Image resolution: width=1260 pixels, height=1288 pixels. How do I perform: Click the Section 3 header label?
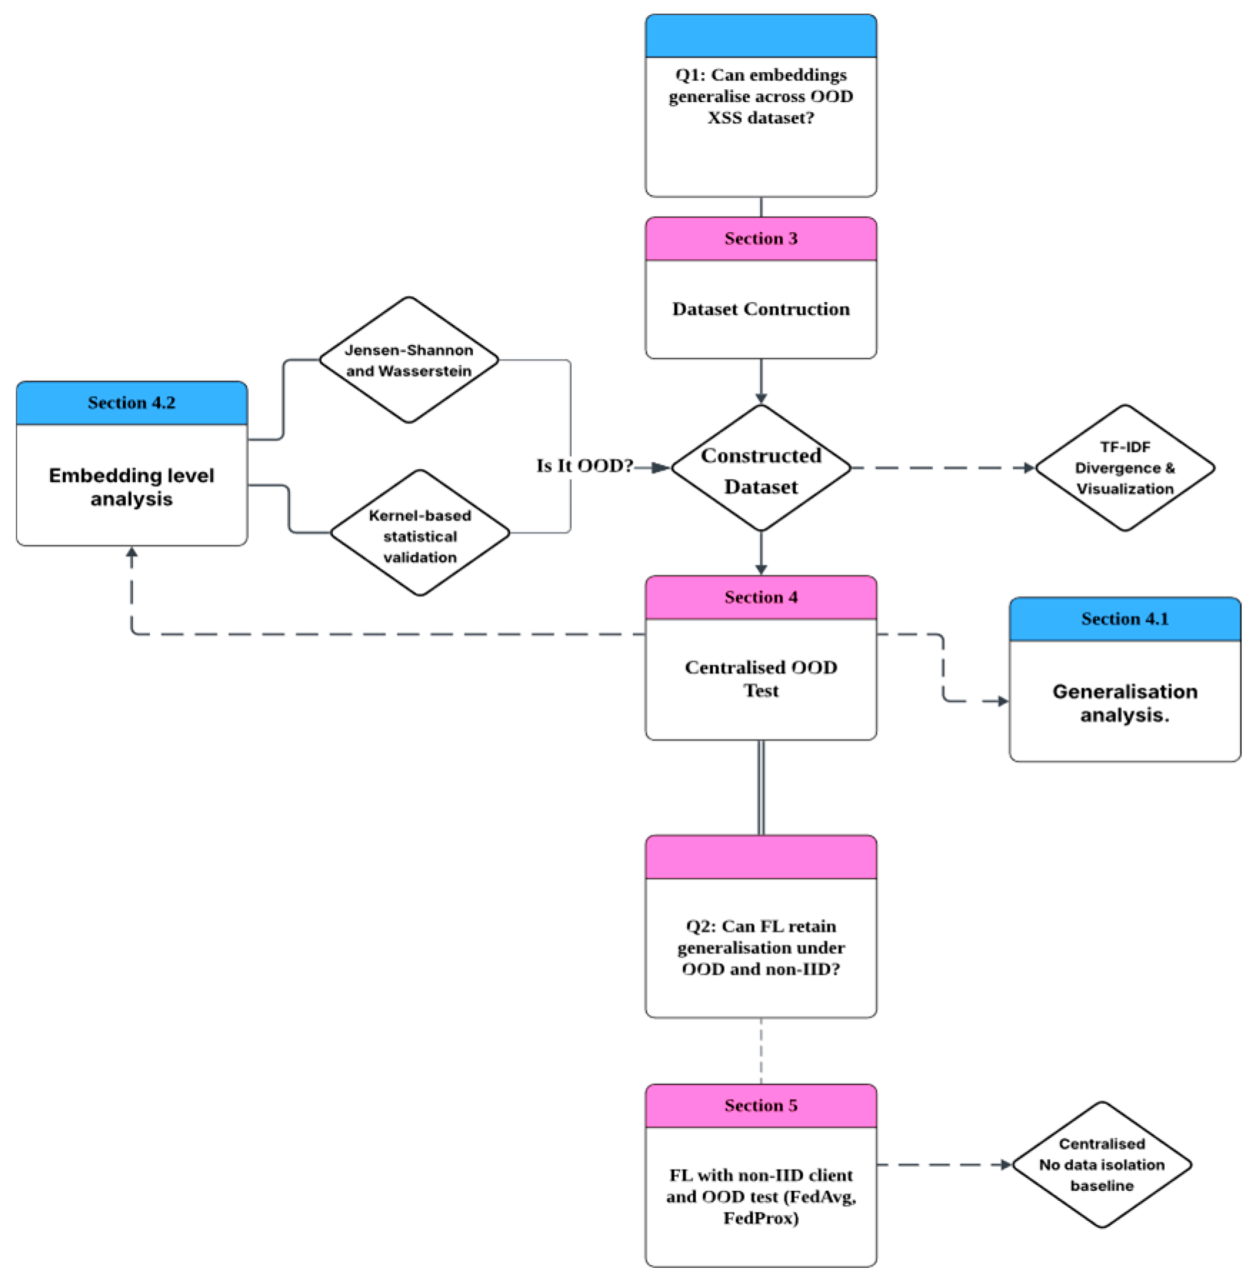(761, 238)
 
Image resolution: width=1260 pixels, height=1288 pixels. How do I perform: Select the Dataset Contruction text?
(761, 309)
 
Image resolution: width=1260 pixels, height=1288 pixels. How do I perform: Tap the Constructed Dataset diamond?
(761, 470)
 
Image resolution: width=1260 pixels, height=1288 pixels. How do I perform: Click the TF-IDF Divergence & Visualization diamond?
(1124, 468)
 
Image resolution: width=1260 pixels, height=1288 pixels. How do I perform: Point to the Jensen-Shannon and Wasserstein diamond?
(409, 361)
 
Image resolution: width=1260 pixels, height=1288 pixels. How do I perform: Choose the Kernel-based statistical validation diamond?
(420, 535)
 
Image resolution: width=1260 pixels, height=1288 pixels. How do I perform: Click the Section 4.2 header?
(131, 403)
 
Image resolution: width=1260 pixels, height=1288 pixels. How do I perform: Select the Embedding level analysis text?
(131, 487)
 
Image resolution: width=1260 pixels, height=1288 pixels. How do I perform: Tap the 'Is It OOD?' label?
(584, 466)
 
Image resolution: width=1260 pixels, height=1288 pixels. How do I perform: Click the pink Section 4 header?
(761, 597)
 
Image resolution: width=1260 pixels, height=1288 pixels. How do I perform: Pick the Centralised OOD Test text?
(761, 678)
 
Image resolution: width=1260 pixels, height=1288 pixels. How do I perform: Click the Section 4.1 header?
(1124, 619)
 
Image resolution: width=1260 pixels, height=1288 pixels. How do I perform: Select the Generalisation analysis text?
(1124, 703)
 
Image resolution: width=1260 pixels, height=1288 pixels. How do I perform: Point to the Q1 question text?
(761, 96)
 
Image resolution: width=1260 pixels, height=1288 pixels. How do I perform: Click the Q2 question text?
(761, 947)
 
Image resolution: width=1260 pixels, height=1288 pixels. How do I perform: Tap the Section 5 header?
(761, 1105)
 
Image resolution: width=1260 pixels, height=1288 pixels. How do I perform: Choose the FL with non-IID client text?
(761, 1196)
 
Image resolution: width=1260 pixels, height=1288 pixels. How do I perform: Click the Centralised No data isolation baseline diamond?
(1101, 1164)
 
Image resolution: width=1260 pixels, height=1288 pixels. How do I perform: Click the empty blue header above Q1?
(761, 36)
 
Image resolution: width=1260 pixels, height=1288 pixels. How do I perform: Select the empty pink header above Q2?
(761, 857)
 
